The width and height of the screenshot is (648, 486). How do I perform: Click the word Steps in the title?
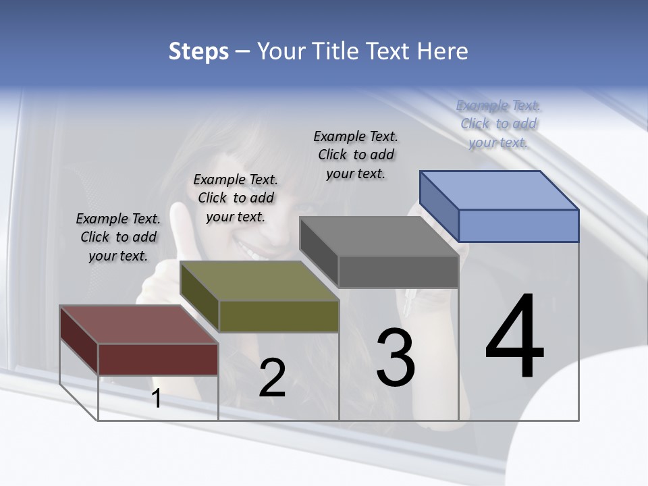[x=198, y=51]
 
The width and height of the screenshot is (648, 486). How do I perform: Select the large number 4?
[x=514, y=337]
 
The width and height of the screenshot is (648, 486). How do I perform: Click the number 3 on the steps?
[x=396, y=357]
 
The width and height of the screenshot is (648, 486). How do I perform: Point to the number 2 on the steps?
[x=272, y=378]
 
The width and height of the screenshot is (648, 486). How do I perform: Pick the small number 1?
[x=157, y=399]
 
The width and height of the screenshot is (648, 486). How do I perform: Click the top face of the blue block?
[x=500, y=190]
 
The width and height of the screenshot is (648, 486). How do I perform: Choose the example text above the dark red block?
[x=118, y=237]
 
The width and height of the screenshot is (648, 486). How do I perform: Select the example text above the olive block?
[x=236, y=198]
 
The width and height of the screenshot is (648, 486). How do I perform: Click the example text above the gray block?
[x=356, y=155]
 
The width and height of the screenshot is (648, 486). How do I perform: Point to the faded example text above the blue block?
[x=498, y=124]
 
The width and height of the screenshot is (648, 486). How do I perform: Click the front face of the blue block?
[x=518, y=225]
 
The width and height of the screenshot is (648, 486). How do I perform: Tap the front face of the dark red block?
[x=158, y=359]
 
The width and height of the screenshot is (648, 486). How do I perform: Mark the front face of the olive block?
[x=279, y=316]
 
